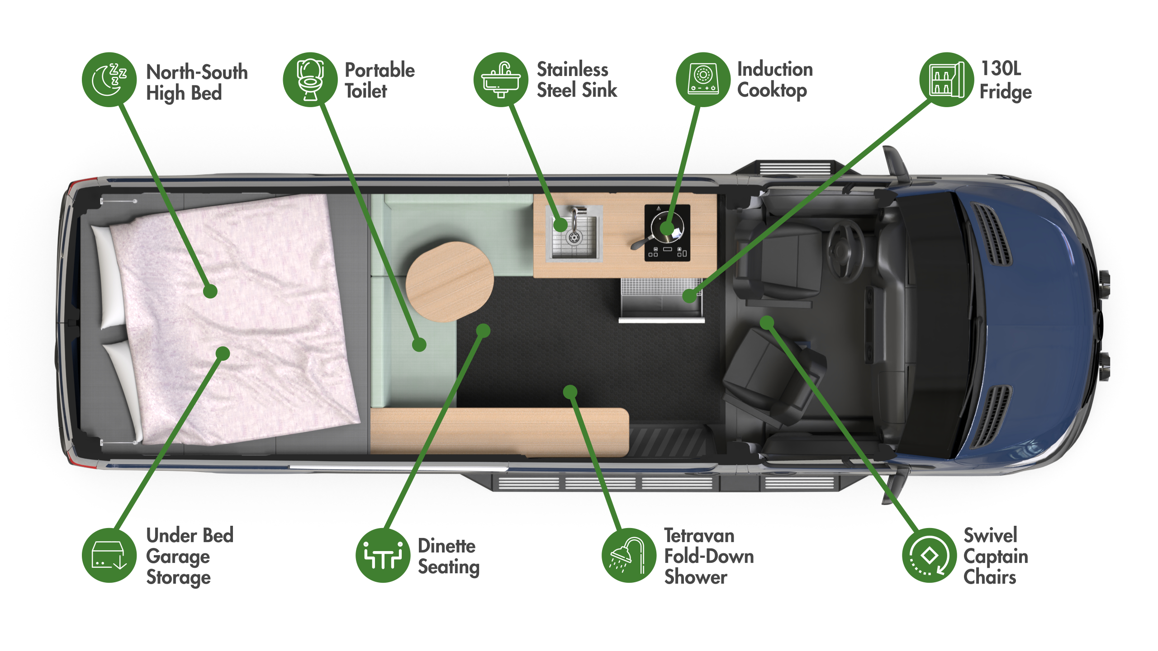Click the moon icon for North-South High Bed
pyautogui.click(x=109, y=80)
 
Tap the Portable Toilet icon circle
pyautogui.click(x=310, y=80)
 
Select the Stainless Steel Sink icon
pyautogui.click(x=501, y=80)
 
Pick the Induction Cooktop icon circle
pyautogui.click(x=703, y=80)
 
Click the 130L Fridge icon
pyautogui.click(x=946, y=80)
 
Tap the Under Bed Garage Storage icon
pyautogui.click(x=109, y=555)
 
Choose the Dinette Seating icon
pyautogui.click(x=383, y=555)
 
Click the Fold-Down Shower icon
pyautogui.click(x=629, y=555)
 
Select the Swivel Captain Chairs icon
pyautogui.click(x=929, y=555)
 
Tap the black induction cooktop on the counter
pyautogui.click(x=667, y=233)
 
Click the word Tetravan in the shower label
pyautogui.click(x=699, y=536)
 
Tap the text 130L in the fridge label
pyautogui.click(x=1001, y=69)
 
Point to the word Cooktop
pyautogui.click(x=772, y=90)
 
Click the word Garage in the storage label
pyautogui.click(x=178, y=557)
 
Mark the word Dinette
pyautogui.click(x=446, y=546)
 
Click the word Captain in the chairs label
pyautogui.click(x=996, y=557)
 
